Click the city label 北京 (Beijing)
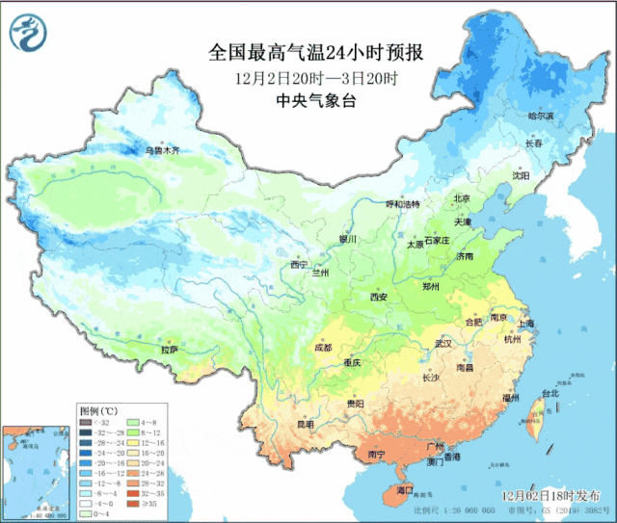tap(463, 199)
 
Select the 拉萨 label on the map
tap(170, 351)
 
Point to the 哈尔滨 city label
tap(541, 117)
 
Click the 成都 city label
tap(322, 347)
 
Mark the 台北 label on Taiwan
tap(550, 394)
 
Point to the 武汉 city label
tap(443, 343)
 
